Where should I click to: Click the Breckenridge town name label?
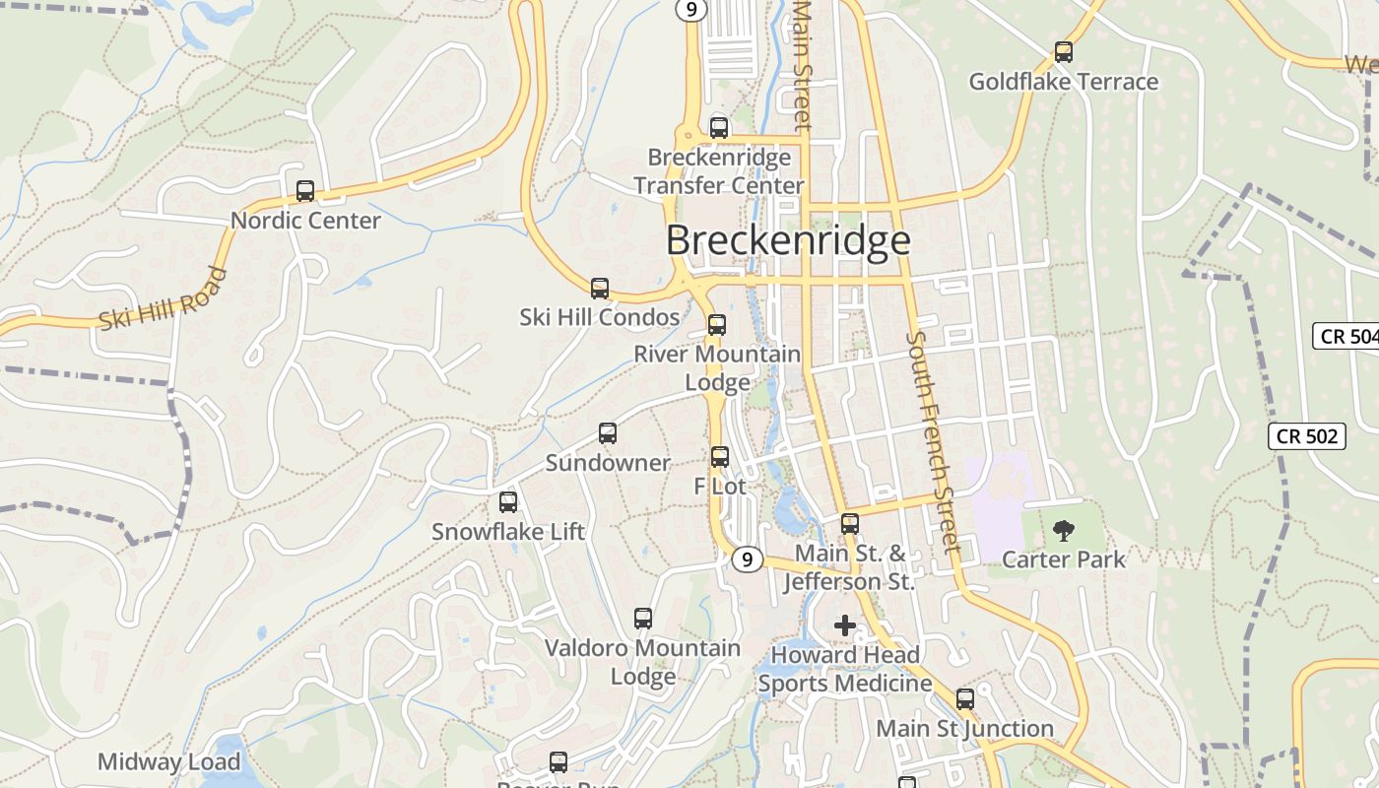788,240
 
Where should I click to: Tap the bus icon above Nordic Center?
305,191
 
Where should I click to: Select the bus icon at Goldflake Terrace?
1063,52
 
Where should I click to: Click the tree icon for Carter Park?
1063,531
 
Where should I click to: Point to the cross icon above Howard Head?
844,625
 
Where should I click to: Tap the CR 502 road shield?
1306,435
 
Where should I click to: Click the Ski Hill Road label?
164,298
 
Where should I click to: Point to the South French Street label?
932,441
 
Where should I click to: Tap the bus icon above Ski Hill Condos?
599,289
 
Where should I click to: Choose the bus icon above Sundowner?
608,433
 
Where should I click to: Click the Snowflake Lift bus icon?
508,502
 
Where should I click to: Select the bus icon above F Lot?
720,457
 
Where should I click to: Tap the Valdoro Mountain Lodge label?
643,662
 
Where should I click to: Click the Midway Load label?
168,761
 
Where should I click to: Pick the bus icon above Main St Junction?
965,699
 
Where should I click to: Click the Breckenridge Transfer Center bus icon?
719,128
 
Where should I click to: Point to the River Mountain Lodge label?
717,367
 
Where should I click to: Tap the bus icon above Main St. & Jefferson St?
850,524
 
